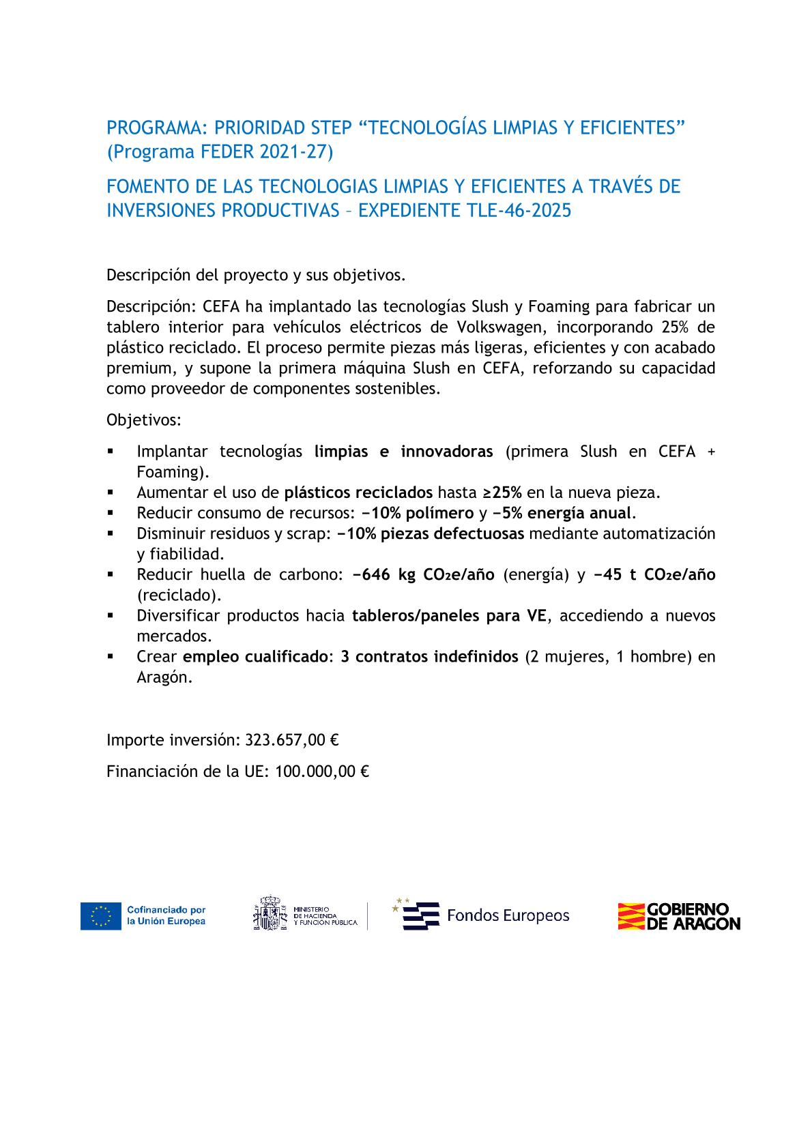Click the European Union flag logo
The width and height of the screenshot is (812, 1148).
pyautogui.click(x=100, y=915)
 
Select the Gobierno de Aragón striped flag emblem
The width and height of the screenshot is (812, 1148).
pyautogui.click(x=630, y=916)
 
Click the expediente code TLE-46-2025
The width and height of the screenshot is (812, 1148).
pyautogui.click(x=516, y=211)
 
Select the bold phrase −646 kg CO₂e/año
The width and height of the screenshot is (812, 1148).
pyautogui.click(x=423, y=574)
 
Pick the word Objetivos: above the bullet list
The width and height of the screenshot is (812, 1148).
pyautogui.click(x=144, y=420)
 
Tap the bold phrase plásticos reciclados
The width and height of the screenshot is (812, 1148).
pyautogui.click(x=358, y=492)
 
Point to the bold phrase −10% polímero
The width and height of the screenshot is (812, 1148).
pyautogui.click(x=418, y=513)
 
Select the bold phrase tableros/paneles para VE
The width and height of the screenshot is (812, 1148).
pyautogui.click(x=449, y=616)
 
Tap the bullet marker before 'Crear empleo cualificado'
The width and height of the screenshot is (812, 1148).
pyautogui.click(x=111, y=657)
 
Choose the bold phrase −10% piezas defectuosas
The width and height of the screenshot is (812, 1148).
pyautogui.click(x=431, y=533)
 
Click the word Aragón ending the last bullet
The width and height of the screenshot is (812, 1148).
pyautogui.click(x=164, y=678)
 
